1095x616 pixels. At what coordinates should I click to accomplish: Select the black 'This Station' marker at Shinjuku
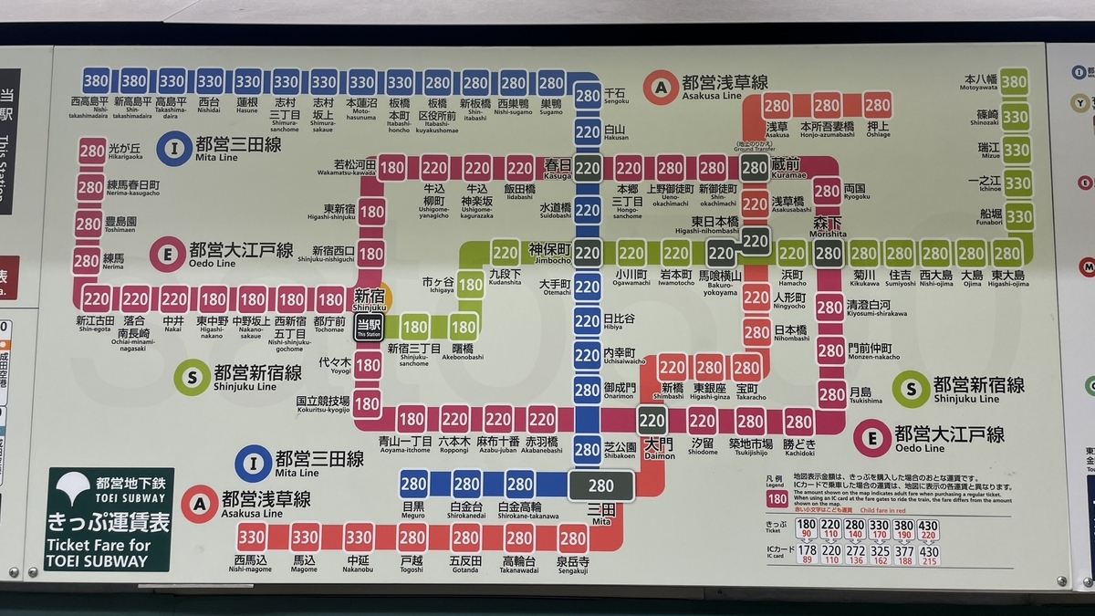click(368, 328)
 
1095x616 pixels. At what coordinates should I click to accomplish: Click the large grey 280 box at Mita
click(600, 486)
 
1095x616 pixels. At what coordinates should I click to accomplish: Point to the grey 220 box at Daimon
click(652, 421)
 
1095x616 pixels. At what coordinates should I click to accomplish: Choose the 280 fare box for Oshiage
click(877, 105)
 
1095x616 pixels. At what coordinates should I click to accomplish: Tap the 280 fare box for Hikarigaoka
click(92, 151)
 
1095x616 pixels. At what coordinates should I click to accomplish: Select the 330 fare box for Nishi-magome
click(252, 538)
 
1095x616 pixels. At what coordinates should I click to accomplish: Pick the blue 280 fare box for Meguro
click(414, 484)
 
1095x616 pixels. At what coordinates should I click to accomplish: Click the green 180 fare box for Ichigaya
click(470, 285)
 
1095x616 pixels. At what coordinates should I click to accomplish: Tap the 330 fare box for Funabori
click(1018, 216)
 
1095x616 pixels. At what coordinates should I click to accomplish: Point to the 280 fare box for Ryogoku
click(827, 192)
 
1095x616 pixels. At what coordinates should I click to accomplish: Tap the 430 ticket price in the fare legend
click(928, 526)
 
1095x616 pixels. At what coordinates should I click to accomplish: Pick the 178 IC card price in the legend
click(806, 550)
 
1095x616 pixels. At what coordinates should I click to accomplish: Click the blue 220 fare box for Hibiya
click(588, 320)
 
